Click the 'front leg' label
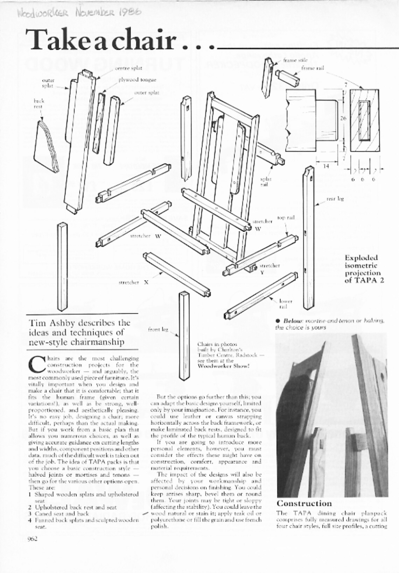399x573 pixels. coord(158,329)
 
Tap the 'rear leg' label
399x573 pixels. coord(335,199)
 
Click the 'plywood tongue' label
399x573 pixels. coord(137,80)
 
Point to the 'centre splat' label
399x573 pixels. coord(128,68)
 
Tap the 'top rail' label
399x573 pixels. coord(286,218)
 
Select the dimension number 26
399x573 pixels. coord(343,118)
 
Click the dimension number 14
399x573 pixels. coord(326,166)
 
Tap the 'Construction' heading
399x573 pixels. coord(304,503)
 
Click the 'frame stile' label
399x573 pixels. coord(290,60)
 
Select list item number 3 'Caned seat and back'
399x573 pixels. coord(59,514)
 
